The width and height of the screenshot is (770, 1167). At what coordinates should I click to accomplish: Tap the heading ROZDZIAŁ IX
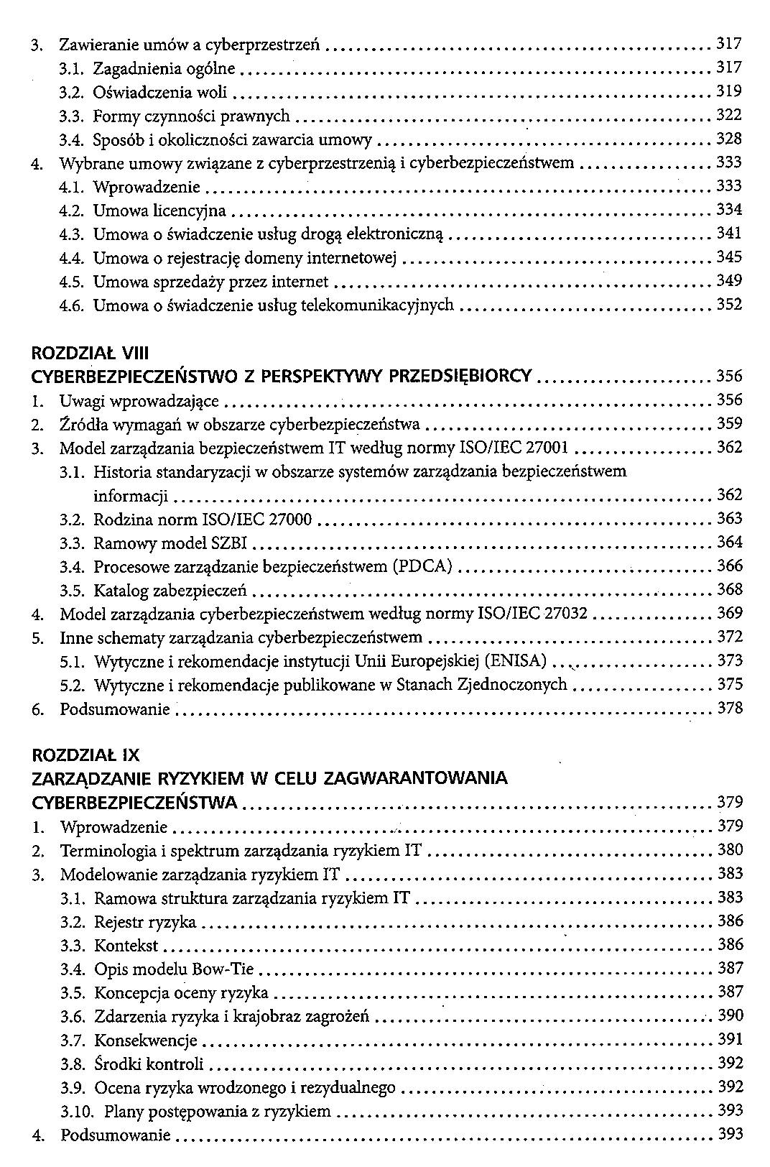[85, 755]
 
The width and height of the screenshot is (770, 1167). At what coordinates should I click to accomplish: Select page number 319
[729, 91]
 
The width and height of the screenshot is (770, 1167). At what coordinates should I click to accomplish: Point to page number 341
[729, 234]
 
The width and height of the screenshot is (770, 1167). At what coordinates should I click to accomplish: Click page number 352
[729, 305]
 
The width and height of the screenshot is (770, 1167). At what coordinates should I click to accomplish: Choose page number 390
[730, 1016]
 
